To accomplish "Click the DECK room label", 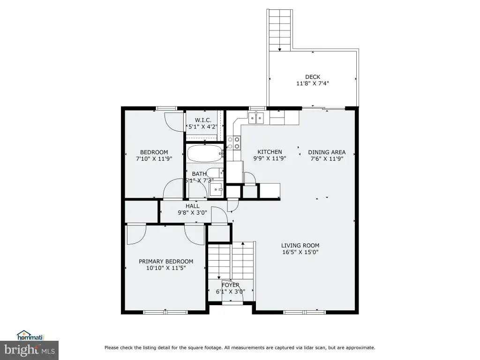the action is pos(313,77).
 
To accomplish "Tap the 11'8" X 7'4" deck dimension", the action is pos(313,83).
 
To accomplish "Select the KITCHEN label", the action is pos(270,152).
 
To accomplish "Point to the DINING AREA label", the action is pos(327,152).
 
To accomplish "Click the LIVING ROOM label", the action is pos(300,246).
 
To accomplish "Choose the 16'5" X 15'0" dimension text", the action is pos(300,252).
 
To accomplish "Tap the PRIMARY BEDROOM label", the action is pos(166,262).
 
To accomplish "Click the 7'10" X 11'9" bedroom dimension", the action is pos(154,159).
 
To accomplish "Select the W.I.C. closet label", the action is pos(203,120).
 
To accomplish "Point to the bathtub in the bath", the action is pos(205,153).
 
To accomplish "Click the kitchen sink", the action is pos(256,118).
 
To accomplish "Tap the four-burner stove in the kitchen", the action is pos(233,143).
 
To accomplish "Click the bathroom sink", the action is pos(217,190).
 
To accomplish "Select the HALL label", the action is pos(193,206).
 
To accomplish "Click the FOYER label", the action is pos(231,285).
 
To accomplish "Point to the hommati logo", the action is pos(30,336).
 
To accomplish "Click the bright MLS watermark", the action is pos(29,350).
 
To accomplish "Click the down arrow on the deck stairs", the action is pos(279,49).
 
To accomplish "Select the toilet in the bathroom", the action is pos(215,172).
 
